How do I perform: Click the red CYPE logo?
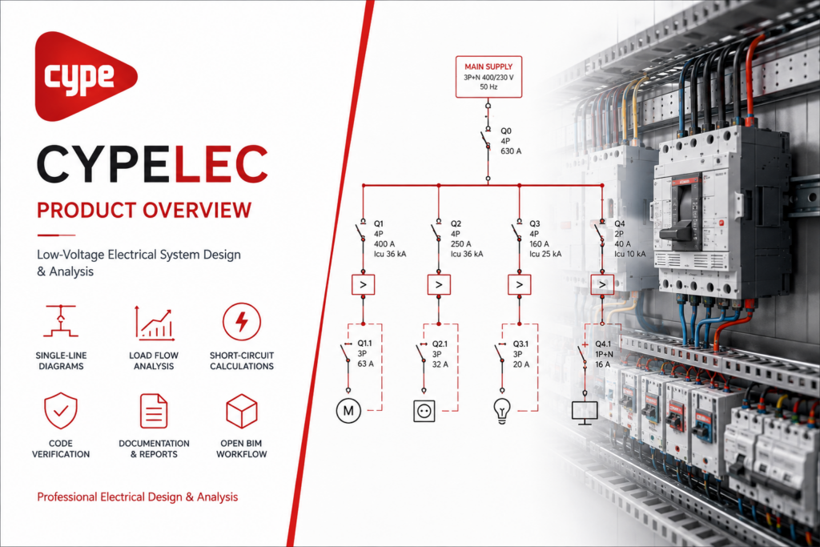(83, 76)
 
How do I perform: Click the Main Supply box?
(488, 77)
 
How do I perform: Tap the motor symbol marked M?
(348, 411)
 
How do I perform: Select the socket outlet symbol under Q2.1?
(424, 411)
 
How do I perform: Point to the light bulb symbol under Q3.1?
(502, 411)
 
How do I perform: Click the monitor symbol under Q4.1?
(585, 412)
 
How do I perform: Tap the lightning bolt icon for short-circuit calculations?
(241, 322)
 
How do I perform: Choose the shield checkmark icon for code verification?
(61, 411)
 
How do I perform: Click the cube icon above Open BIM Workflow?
(242, 411)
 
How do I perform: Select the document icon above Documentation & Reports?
(154, 411)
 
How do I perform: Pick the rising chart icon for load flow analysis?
(154, 323)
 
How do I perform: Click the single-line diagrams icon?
(61, 320)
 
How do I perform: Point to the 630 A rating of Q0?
(511, 151)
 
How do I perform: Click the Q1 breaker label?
(379, 223)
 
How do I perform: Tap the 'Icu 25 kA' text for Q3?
(545, 254)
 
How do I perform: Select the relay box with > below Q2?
(439, 285)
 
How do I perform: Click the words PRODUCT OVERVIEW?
(144, 210)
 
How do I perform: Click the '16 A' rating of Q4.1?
(603, 364)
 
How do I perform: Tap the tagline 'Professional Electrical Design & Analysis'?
(137, 497)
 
